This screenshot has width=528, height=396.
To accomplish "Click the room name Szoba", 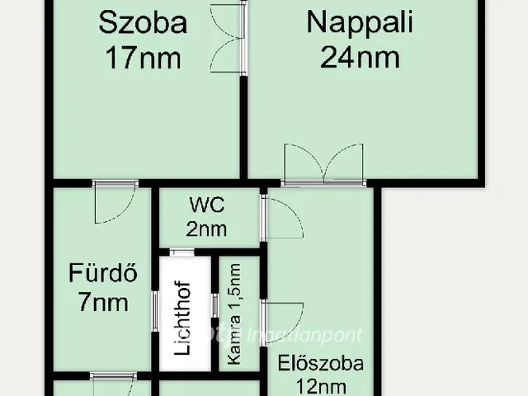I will click(x=142, y=22).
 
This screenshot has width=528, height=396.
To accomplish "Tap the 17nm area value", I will click(x=142, y=58).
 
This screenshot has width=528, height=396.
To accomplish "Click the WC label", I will click(x=206, y=204).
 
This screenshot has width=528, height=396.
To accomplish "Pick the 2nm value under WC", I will click(x=207, y=229).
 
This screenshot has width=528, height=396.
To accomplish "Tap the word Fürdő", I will click(x=102, y=271).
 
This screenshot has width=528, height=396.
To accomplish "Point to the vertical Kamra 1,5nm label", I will click(x=236, y=315).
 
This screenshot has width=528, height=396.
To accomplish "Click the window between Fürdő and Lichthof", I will click(x=154, y=311).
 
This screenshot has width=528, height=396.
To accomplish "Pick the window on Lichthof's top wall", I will click(x=182, y=252).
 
